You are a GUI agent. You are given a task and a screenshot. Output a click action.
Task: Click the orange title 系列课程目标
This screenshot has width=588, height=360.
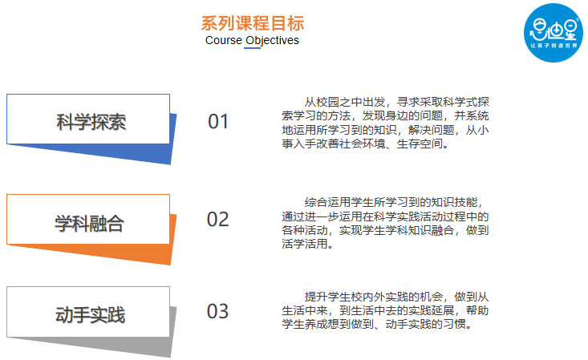pyautogui.click(x=252, y=23)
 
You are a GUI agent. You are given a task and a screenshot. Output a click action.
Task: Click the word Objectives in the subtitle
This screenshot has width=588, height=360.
pyautogui.click(x=272, y=40)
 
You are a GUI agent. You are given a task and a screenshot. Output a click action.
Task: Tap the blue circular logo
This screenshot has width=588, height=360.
pyautogui.click(x=553, y=31)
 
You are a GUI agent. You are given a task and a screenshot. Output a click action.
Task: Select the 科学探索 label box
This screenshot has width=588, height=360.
pyautogui.click(x=91, y=121)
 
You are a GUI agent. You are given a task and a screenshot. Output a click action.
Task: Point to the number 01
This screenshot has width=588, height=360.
pyautogui.click(x=218, y=122)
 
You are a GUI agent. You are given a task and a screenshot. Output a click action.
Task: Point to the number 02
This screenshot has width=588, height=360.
pyautogui.click(x=218, y=220)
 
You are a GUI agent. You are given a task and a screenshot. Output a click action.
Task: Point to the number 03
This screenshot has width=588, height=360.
pyautogui.click(x=218, y=312)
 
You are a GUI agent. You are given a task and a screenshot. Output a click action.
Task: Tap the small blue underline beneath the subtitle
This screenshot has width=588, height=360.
pyautogui.click(x=252, y=49)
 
